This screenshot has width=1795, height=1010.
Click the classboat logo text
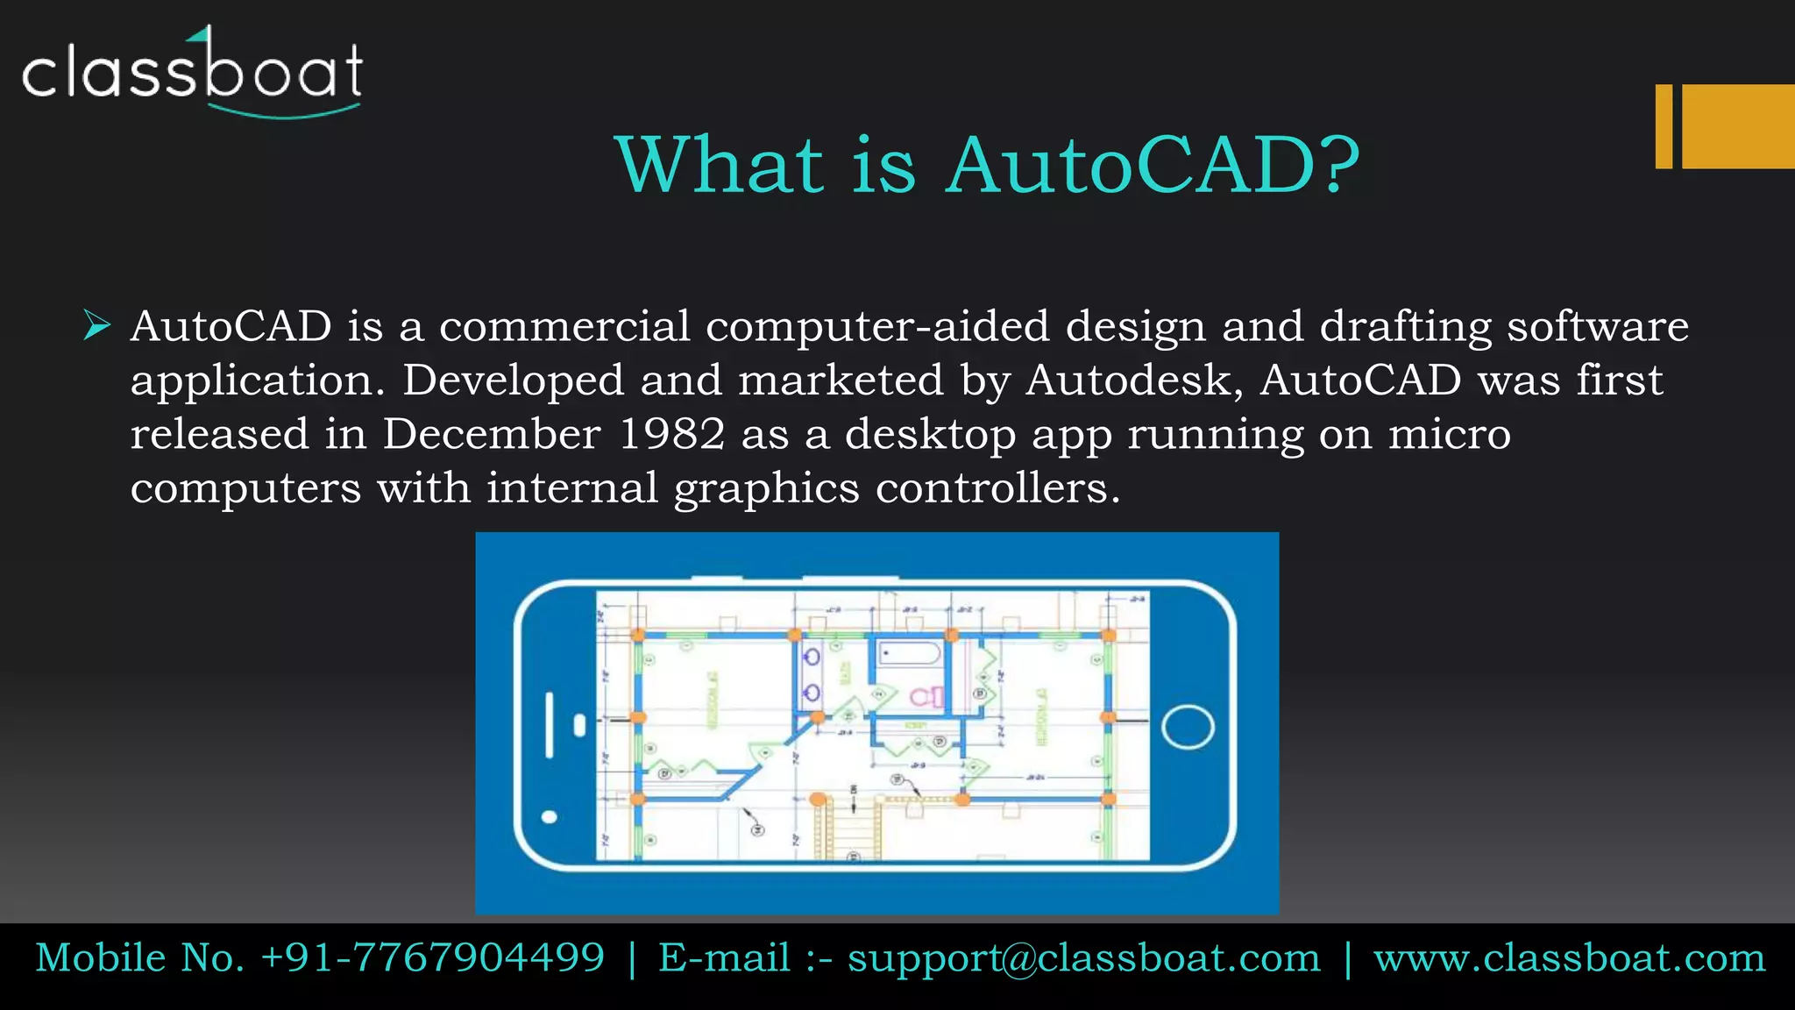click(x=192, y=71)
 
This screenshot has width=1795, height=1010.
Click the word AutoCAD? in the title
click(x=1153, y=166)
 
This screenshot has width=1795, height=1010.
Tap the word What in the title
click(x=719, y=166)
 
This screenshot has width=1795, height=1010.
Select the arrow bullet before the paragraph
click(x=96, y=325)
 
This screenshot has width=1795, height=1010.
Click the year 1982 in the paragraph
click(x=671, y=434)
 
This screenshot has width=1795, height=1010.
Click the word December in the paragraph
click(x=492, y=434)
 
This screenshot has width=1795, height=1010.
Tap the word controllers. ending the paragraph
click(x=998, y=488)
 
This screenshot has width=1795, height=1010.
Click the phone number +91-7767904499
click(x=433, y=957)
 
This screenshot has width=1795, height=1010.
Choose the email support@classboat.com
click(x=1084, y=958)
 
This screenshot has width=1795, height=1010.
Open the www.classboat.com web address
click(x=1569, y=958)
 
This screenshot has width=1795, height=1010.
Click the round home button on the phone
click(x=1188, y=727)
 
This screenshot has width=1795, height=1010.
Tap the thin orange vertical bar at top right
click(x=1664, y=126)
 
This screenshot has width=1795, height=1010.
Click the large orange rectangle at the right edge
click(x=1738, y=126)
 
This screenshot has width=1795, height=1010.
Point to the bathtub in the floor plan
click(x=909, y=654)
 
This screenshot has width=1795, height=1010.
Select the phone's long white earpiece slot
click(x=550, y=724)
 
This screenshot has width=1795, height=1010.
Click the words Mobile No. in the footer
click(x=140, y=957)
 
